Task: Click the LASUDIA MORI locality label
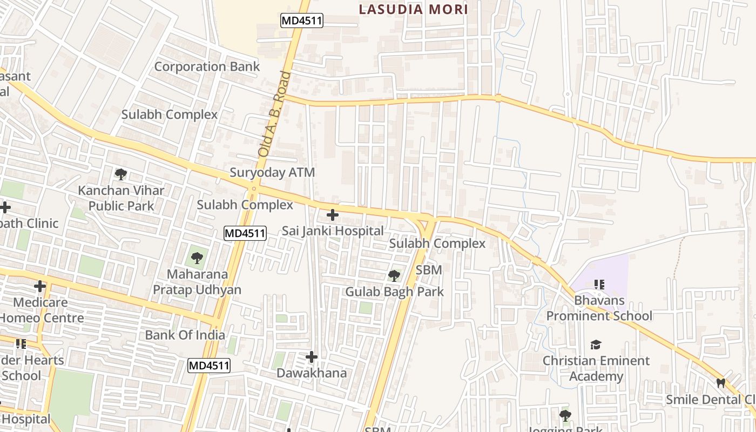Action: (413, 9)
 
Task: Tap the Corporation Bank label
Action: (207, 66)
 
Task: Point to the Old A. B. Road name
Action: (274, 114)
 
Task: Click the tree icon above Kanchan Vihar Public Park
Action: (121, 174)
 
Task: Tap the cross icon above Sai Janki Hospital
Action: (333, 215)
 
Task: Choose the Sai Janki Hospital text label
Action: (333, 231)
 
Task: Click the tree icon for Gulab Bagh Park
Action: (394, 276)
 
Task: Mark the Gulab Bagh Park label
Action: (394, 292)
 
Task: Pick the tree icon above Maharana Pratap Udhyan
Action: (197, 258)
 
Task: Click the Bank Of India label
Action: (185, 335)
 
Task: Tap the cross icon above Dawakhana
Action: (312, 357)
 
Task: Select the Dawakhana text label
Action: (312, 373)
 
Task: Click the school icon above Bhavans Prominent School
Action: (599, 284)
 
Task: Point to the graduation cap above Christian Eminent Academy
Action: (596, 345)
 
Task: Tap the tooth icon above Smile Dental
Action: (720, 383)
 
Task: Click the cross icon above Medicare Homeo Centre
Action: (40, 286)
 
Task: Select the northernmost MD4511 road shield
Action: (301, 21)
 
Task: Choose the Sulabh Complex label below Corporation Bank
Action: (169, 114)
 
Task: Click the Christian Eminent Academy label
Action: (596, 368)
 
